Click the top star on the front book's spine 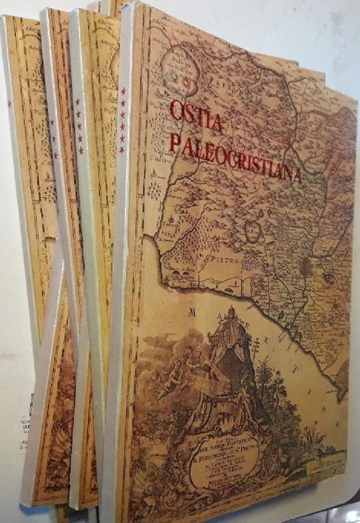click(x=123, y=91)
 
